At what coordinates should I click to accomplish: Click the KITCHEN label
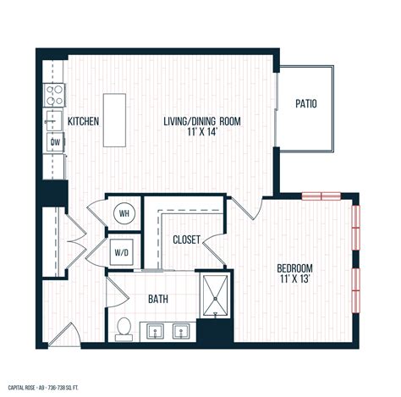(x=84, y=122)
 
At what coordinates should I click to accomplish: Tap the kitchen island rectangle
(x=115, y=109)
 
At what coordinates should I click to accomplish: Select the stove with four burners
(x=55, y=91)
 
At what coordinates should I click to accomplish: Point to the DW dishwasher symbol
(x=55, y=143)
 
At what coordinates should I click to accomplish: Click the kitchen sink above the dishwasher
(x=55, y=119)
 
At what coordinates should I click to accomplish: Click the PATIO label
(x=306, y=105)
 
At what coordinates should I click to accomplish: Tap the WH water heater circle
(x=124, y=214)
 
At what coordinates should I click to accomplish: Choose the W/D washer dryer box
(x=122, y=251)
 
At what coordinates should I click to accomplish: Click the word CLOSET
(x=186, y=240)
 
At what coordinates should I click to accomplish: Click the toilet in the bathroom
(x=124, y=328)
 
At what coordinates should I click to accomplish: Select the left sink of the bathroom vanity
(x=155, y=330)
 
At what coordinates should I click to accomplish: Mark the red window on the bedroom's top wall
(x=322, y=196)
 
